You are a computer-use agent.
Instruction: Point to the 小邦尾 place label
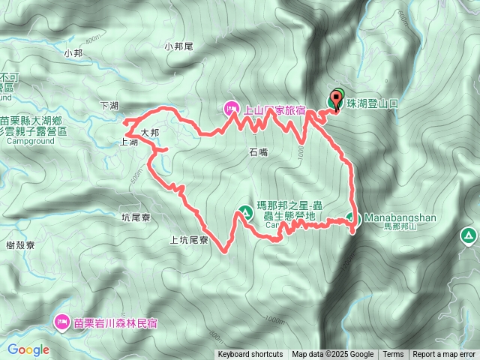click(178, 46)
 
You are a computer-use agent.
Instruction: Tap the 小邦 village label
click(73, 53)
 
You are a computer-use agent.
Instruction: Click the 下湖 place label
click(109, 106)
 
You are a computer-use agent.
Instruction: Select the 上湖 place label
click(128, 142)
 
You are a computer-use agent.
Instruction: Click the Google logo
click(28, 349)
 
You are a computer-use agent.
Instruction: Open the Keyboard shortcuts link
click(250, 355)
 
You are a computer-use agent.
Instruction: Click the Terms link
click(393, 355)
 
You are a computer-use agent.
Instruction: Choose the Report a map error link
click(445, 355)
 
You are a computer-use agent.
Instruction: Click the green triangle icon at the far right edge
click(468, 237)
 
